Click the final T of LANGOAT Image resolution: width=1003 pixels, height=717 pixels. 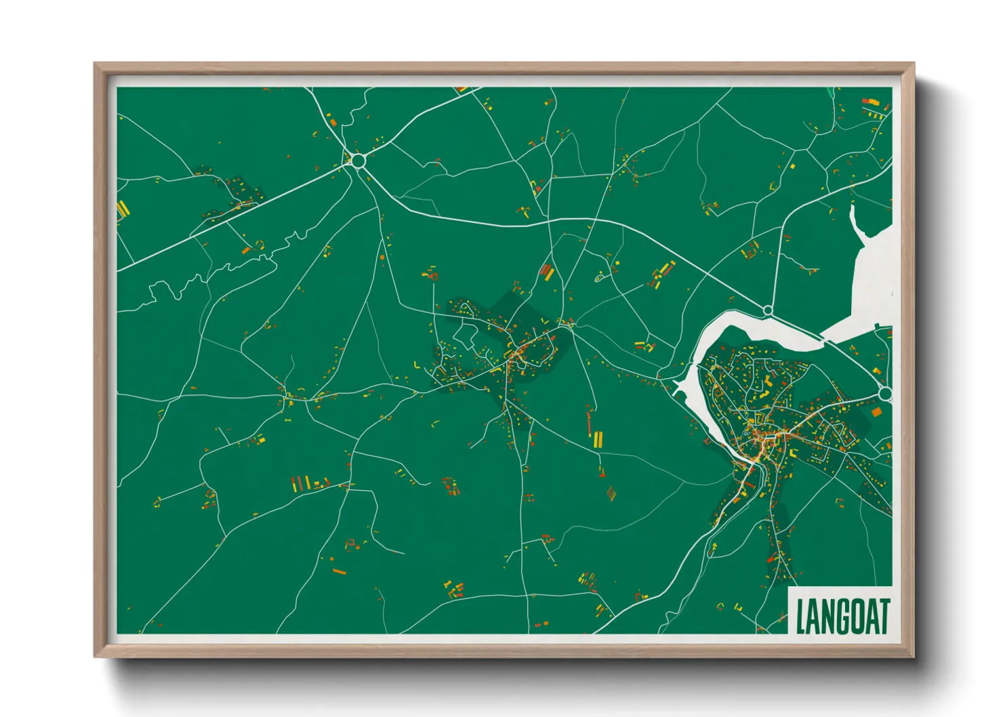point(883,616)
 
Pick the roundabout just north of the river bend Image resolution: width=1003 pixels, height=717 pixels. point(768,310)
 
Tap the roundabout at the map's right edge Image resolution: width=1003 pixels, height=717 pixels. point(885,394)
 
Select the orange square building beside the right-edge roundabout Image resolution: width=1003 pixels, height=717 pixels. point(876,411)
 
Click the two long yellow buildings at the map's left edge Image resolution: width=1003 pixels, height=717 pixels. point(123,209)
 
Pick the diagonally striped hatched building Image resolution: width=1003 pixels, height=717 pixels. point(611,492)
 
